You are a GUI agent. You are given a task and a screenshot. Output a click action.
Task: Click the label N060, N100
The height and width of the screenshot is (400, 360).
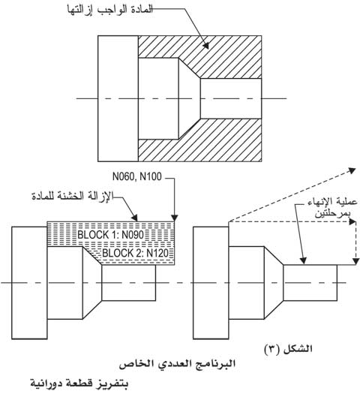click(137, 176)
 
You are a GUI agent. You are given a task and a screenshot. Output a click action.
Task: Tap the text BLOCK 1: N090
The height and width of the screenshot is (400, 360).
click(111, 235)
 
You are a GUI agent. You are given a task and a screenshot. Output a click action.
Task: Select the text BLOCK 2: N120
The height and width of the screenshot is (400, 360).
click(136, 253)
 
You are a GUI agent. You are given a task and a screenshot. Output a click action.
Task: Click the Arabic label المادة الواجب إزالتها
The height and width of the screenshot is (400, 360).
click(110, 10)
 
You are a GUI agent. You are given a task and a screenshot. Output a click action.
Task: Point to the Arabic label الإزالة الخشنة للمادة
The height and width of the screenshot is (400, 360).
click(73, 197)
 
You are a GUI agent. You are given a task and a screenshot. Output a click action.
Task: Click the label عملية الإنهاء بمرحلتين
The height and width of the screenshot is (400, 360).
click(332, 207)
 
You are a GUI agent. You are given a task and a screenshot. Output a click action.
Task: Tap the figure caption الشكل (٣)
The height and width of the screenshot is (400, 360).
click(288, 348)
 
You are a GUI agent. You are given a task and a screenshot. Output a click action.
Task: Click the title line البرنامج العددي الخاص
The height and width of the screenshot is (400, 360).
click(177, 364)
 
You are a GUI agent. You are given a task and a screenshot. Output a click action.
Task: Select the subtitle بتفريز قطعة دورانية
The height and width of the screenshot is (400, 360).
click(79, 383)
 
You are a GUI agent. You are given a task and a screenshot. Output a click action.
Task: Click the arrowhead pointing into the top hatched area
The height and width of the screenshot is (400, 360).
click(206, 45)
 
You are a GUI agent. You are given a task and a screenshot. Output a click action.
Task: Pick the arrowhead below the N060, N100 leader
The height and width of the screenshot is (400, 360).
click(175, 218)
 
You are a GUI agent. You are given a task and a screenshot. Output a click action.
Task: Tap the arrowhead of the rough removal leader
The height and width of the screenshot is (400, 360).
click(134, 218)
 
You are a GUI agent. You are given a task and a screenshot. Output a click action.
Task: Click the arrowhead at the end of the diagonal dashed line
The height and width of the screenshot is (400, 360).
click(352, 170)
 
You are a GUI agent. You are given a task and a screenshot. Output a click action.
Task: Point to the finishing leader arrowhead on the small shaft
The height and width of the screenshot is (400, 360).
click(303, 260)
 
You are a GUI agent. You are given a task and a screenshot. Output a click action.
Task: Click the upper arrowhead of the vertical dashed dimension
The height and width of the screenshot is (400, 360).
click(352, 222)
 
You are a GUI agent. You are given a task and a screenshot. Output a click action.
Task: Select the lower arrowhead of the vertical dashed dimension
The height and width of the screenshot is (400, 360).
click(355, 261)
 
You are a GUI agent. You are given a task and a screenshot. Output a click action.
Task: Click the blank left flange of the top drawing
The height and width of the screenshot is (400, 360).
click(118, 98)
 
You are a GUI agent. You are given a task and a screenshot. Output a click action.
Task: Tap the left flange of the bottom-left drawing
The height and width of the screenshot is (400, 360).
click(29, 283)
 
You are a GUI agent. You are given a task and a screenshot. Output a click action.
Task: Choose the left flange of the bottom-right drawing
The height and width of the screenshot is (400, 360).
click(211, 283)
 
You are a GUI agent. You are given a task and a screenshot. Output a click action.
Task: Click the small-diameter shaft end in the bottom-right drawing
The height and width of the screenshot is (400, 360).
click(310, 283)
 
